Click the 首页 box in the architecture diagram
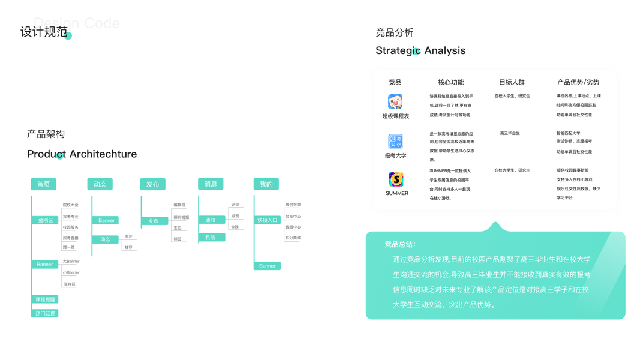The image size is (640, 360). (43, 184)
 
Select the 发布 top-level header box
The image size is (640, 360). (152, 184)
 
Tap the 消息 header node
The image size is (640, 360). (211, 184)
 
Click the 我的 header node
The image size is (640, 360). (266, 184)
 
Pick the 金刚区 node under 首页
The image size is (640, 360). (46, 220)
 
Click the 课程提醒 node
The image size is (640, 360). (45, 299)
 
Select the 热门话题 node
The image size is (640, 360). (45, 313)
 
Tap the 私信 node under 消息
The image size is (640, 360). (211, 238)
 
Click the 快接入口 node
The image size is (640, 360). (267, 220)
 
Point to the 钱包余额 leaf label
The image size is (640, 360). (293, 205)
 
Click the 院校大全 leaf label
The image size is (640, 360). (71, 205)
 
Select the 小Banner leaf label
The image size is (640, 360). (71, 272)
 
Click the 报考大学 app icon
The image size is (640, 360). (395, 142)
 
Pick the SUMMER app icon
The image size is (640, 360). (396, 179)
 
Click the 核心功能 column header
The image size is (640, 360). (450, 82)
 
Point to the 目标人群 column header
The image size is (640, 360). (512, 82)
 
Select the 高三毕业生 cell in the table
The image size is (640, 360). (510, 133)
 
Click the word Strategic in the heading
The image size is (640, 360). (398, 50)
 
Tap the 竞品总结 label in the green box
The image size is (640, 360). (400, 244)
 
